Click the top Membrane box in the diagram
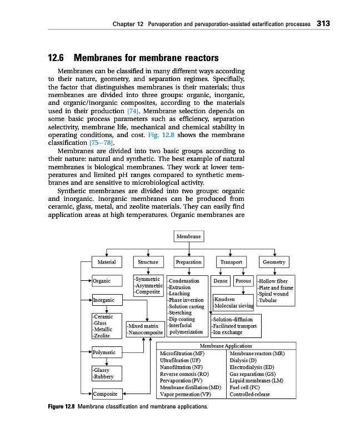click(189, 236)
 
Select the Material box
click(107, 262)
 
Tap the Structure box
click(148, 262)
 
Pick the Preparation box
click(188, 262)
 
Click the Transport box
click(231, 262)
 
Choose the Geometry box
click(274, 262)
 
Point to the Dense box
click(221, 281)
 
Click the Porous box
click(243, 281)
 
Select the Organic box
click(106, 281)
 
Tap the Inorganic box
click(106, 300)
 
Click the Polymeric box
click(106, 352)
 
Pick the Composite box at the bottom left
click(106, 394)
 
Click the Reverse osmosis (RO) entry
click(184, 374)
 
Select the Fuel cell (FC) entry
click(244, 387)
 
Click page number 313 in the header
click(323, 24)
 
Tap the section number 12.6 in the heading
click(57, 58)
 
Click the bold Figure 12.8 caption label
click(61, 407)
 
